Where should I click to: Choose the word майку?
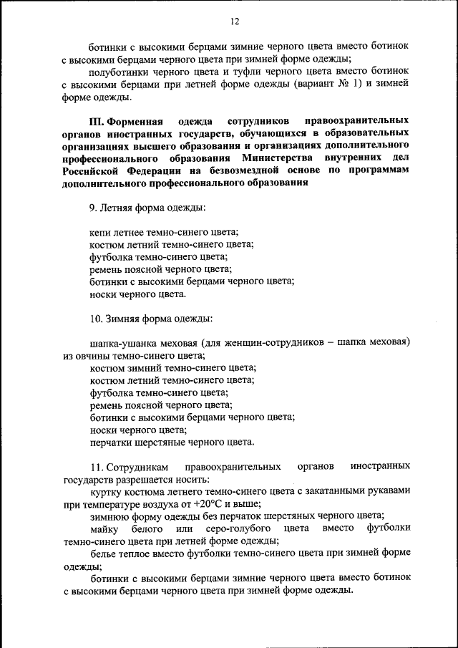[104, 528]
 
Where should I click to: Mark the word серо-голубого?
[235, 528]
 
